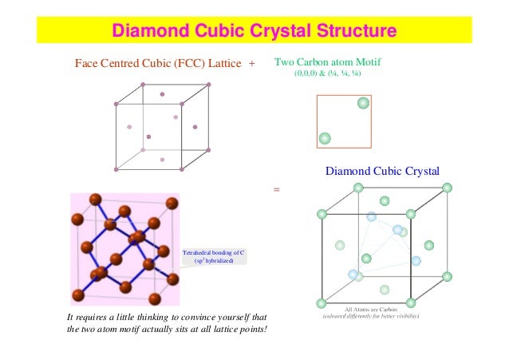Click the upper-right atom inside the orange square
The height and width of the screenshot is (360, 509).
tap(363, 103)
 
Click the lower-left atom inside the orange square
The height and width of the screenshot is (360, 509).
tap(325, 138)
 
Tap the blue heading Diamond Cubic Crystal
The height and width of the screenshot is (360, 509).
tap(383, 170)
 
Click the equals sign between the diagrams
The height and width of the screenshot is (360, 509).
tap(277, 190)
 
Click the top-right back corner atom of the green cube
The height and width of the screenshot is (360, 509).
tap(447, 188)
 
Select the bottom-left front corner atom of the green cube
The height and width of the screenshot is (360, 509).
tap(322, 303)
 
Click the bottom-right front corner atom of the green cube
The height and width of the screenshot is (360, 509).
tap(411, 303)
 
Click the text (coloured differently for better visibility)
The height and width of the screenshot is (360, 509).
tap(370, 317)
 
